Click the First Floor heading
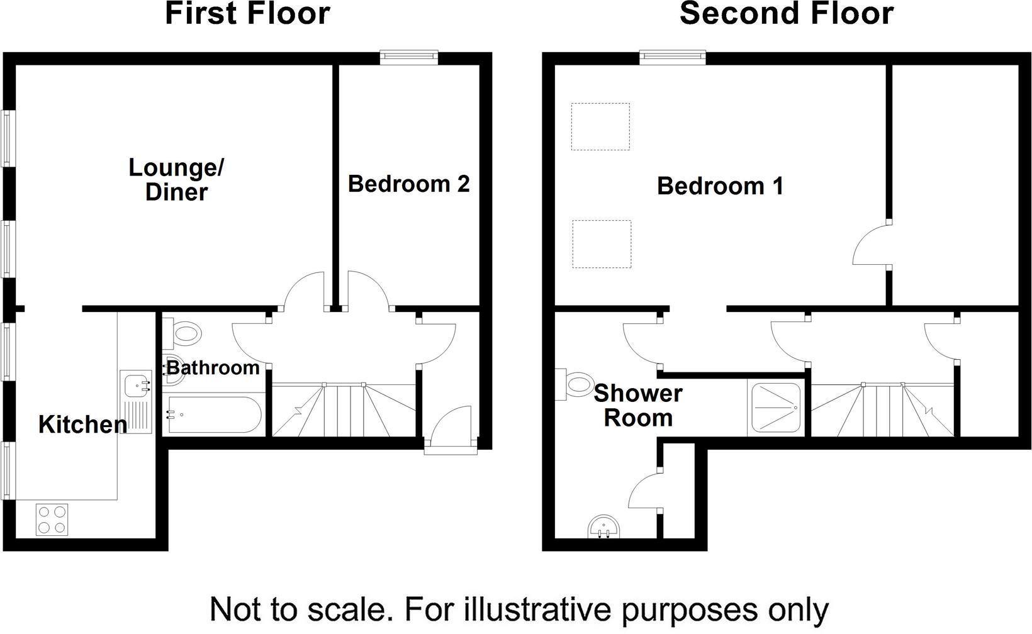coord(247,14)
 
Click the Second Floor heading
coord(786,14)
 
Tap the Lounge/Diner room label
coord(176,180)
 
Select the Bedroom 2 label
coord(409,184)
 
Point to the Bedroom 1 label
coord(720,186)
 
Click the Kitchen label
coord(82,425)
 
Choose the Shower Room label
coord(637,406)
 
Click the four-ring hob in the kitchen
coord(52,520)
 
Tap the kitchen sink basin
coord(135,383)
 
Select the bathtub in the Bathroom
coord(211,414)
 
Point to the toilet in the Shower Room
coord(576,383)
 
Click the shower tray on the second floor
coord(777,408)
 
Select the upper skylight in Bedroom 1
coord(600,126)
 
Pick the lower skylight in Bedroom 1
coord(601,243)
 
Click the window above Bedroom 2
coord(409,58)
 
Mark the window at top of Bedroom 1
coord(673,58)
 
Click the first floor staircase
coord(344,409)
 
